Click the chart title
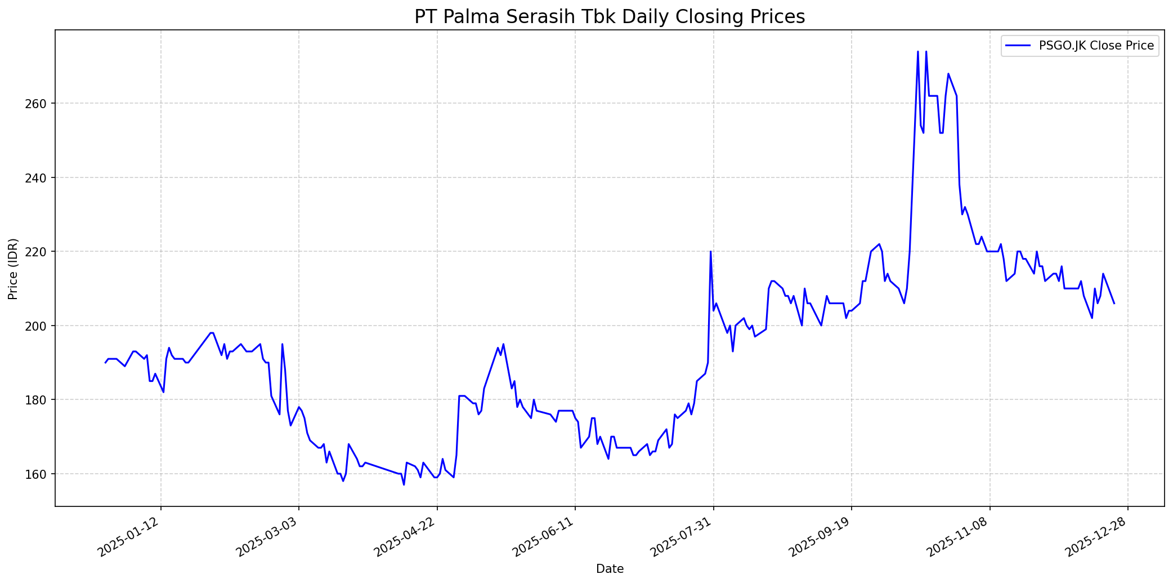[610, 17]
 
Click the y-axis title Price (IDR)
[14, 269]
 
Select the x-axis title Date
[610, 569]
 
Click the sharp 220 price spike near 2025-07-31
[710, 252]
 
